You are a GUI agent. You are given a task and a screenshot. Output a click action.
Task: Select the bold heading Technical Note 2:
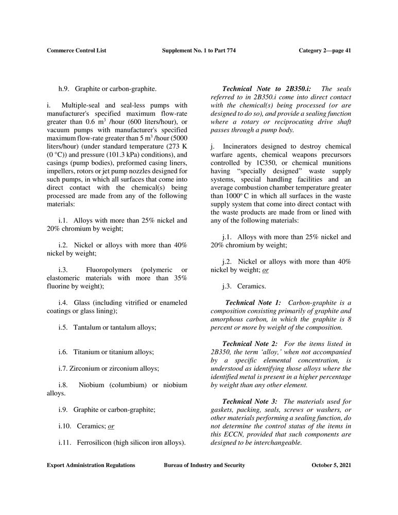(250, 344)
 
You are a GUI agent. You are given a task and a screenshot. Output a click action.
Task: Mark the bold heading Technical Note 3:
(250, 401)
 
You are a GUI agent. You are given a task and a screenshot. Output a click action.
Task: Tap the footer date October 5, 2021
(331, 465)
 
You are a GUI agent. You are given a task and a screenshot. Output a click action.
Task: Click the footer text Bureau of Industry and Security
(204, 465)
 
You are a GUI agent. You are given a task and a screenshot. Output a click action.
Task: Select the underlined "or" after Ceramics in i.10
(111, 426)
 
